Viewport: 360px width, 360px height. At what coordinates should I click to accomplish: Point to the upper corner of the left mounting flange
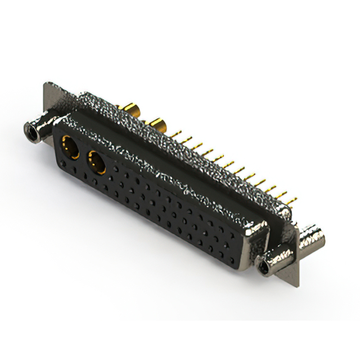coord(46,86)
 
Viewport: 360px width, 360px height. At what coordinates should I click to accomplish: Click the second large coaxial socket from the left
coord(97,164)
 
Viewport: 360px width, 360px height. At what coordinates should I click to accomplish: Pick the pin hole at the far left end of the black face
coord(60,164)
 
